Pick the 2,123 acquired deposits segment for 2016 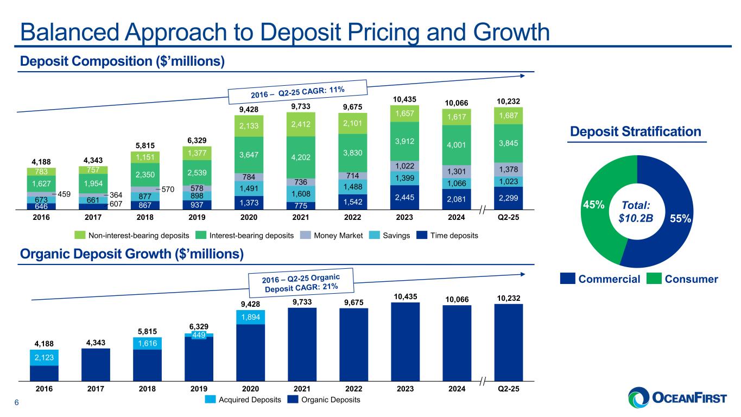44,357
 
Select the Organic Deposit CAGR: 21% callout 301,281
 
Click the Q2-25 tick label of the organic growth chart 509,389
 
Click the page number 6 17,402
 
